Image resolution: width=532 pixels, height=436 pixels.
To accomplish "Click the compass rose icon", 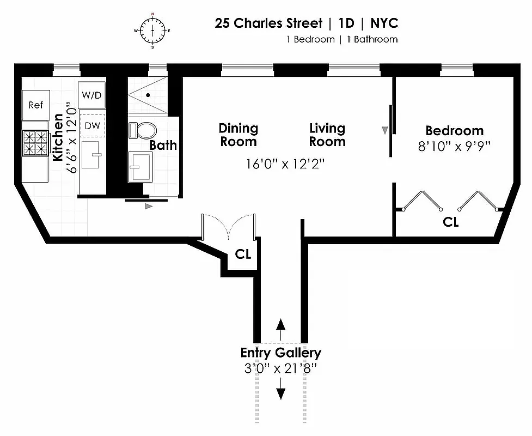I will [152, 30].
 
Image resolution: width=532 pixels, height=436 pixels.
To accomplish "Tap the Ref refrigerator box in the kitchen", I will [36, 105].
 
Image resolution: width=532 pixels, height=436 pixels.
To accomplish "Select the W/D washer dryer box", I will [91, 95].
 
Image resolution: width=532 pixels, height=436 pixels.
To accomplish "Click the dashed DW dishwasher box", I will [91, 126].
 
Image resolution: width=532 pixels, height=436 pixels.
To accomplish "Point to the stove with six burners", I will [35, 143].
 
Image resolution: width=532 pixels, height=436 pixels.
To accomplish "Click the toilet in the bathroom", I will [142, 130].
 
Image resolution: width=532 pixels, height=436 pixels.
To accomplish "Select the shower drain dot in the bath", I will [148, 95].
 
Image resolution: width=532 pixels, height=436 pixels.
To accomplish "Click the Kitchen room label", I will [58, 137].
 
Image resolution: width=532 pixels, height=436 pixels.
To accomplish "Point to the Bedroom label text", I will [454, 131].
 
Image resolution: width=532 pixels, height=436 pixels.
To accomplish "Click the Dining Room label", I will [238, 135].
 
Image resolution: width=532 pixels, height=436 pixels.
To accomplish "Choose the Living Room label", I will [327, 135].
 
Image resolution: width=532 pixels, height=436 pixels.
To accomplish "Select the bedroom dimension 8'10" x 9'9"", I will [454, 146].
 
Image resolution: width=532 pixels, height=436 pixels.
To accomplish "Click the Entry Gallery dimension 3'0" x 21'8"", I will [280, 368].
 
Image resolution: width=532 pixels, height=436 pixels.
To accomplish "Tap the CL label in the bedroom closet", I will [450, 222].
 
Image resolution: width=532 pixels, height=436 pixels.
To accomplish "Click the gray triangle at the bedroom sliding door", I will [385, 130].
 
